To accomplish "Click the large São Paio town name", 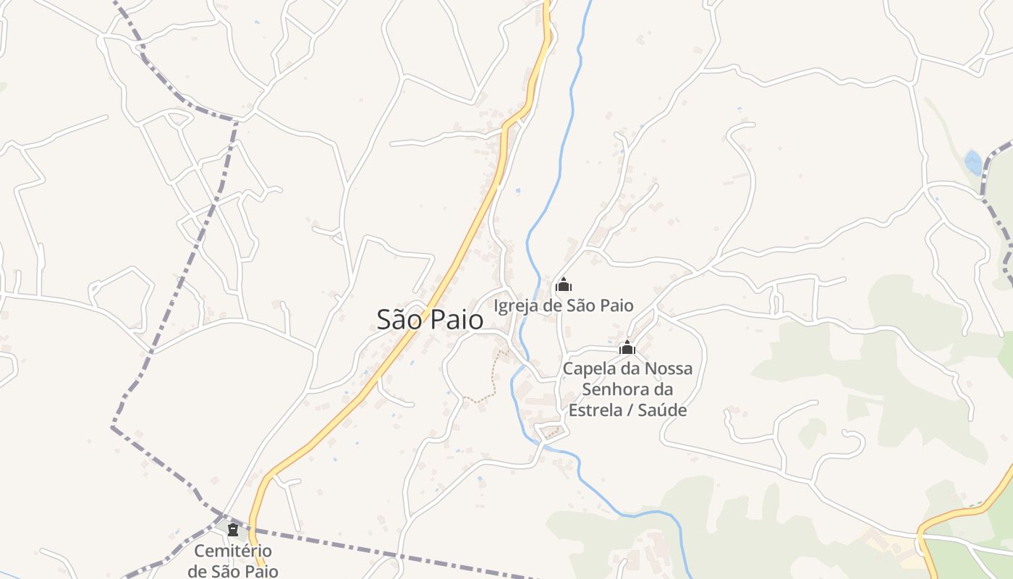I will pyautogui.click(x=430, y=319).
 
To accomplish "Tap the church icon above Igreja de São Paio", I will pyautogui.click(x=564, y=284).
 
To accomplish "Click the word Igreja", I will pyautogui.click(x=517, y=306).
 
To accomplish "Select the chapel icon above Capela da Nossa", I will pyautogui.click(x=627, y=347).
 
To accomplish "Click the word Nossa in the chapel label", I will pyautogui.click(x=669, y=368).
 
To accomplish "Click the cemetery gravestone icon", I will pyautogui.click(x=233, y=530).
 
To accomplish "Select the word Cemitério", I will pyautogui.click(x=233, y=551).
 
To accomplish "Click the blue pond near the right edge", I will pyautogui.click(x=974, y=162).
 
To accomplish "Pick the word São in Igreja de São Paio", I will pyautogui.click(x=580, y=306).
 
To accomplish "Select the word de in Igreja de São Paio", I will pyautogui.click(x=553, y=306).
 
